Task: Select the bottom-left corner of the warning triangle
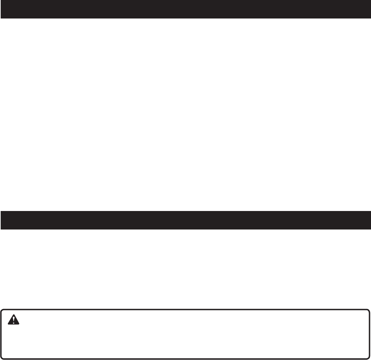pos(8,324)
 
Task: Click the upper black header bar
pos(185,9)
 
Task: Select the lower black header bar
pos(185,220)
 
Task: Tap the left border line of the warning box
pos(1,334)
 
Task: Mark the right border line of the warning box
pos(370,334)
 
